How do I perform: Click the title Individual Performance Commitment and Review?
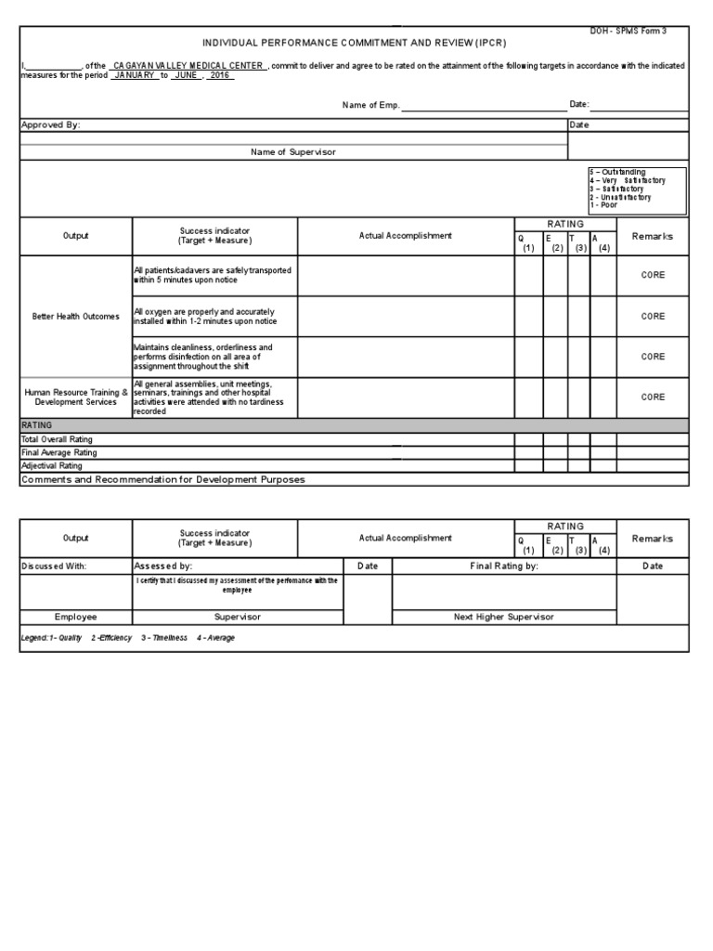click(x=355, y=44)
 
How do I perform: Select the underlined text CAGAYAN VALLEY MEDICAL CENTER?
click(x=188, y=66)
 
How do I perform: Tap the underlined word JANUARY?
click(x=135, y=75)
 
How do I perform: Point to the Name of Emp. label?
click(x=370, y=106)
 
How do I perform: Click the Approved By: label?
click(x=45, y=124)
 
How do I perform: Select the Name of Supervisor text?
click(x=293, y=151)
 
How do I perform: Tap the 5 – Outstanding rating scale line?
click(x=617, y=173)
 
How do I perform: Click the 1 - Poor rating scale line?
click(x=603, y=204)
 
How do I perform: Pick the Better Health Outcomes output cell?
click(x=76, y=317)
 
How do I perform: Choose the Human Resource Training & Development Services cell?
click(x=76, y=397)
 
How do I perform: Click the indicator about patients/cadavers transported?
click(x=213, y=275)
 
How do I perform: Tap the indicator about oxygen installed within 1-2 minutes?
click(x=203, y=317)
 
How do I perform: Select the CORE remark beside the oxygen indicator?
click(x=653, y=317)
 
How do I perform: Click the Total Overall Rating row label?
click(x=58, y=439)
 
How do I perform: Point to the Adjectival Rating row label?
click(x=52, y=465)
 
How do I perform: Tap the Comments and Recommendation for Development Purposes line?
click(x=162, y=479)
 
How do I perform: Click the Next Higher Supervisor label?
click(x=503, y=617)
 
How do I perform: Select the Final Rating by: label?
click(x=504, y=566)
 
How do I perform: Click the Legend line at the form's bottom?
click(x=127, y=638)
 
